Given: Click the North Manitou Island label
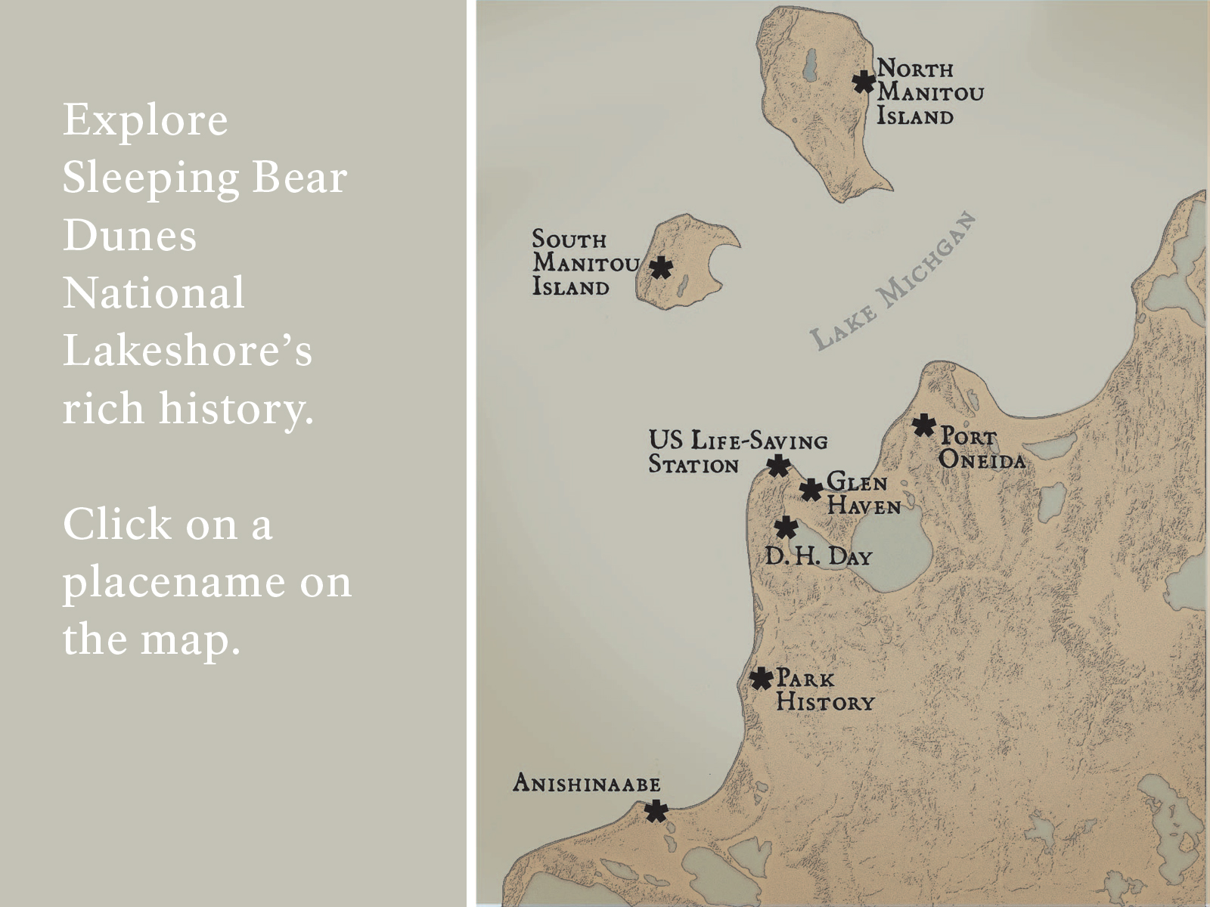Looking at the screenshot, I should click(929, 92).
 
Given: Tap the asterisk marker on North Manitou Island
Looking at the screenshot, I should click(864, 82).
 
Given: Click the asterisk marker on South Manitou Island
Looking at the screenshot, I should click(661, 267).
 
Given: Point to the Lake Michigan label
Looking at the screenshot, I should click(893, 282).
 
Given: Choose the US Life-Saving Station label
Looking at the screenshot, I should click(737, 452).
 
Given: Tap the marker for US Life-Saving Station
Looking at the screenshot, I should click(778, 466).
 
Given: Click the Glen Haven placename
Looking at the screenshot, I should click(863, 494).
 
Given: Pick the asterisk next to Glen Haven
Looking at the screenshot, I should click(811, 490).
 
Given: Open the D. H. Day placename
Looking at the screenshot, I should click(818, 557).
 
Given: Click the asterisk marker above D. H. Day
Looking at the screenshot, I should click(786, 527).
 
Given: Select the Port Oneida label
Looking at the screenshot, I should click(982, 448).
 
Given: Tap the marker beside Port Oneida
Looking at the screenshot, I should click(923, 426).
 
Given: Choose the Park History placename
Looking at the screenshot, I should click(824, 690).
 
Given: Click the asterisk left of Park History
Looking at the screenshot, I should click(761, 678).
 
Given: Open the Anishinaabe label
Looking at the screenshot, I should click(586, 783).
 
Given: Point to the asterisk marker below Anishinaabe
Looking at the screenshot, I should click(656, 812).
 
